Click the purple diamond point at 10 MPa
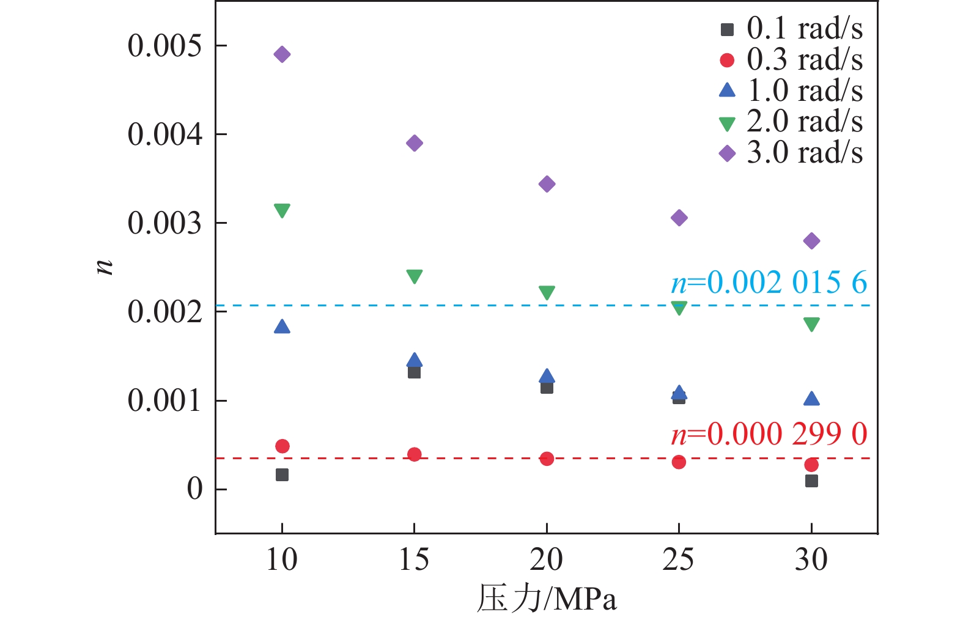pyautogui.click(x=282, y=54)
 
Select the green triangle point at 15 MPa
pyautogui.click(x=415, y=276)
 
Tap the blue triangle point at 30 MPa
pyautogui.click(x=811, y=399)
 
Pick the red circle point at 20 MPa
pyautogui.click(x=547, y=459)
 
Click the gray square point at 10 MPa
pyautogui.click(x=282, y=474)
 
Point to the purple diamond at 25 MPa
pyautogui.click(x=679, y=218)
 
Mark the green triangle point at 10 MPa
pyautogui.click(x=282, y=210)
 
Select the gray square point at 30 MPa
pyautogui.click(x=811, y=481)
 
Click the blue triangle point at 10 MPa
pyautogui.click(x=282, y=327)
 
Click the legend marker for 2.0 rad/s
pyautogui.click(x=727, y=124)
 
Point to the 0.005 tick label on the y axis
pyautogui.click(x=164, y=46)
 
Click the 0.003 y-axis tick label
pyautogui.click(x=164, y=223)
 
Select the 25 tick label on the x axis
pyautogui.click(x=678, y=559)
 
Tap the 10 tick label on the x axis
pyautogui.click(x=282, y=559)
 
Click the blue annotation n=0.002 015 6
pyautogui.click(x=769, y=282)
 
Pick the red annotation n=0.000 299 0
pyautogui.click(x=769, y=434)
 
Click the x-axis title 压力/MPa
pyautogui.click(x=546, y=599)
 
